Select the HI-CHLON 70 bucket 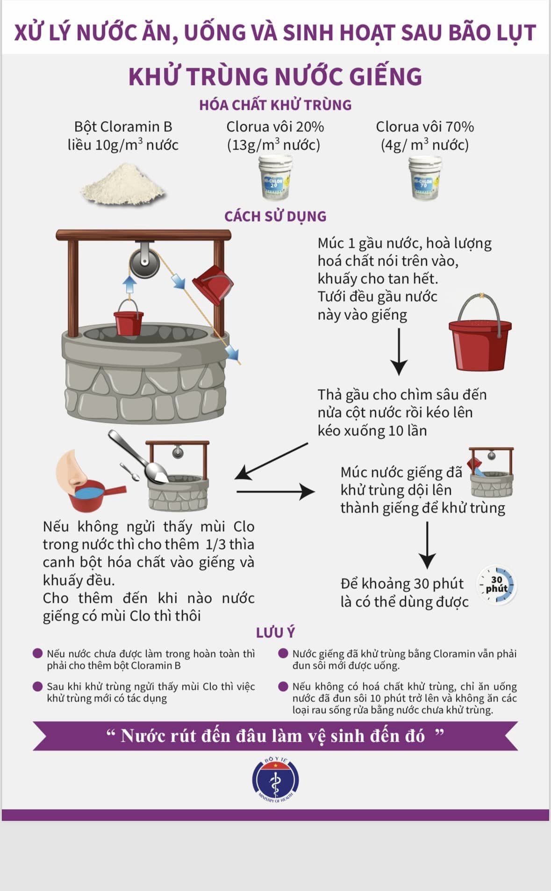click(x=425, y=178)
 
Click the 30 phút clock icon click(x=496, y=585)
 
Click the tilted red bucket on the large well click(x=213, y=284)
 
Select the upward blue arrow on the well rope click(x=129, y=284)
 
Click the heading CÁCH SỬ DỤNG click(x=275, y=217)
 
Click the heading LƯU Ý click(x=275, y=632)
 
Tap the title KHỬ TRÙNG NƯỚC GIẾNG click(x=275, y=77)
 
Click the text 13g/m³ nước click(x=274, y=145)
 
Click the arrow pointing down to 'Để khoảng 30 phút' click(x=427, y=545)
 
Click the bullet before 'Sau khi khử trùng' click(x=38, y=686)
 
